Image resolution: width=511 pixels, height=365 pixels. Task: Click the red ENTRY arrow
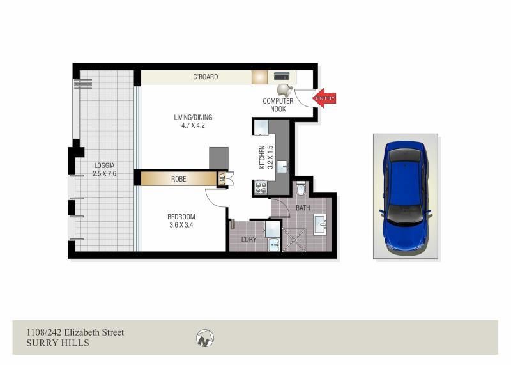click(x=324, y=98)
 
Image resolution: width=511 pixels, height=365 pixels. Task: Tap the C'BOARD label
click(x=205, y=77)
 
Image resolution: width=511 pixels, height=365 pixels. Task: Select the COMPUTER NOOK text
click(x=278, y=105)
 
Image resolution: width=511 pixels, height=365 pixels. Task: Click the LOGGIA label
click(x=104, y=166)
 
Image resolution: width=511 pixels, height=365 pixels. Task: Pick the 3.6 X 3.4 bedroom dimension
click(x=181, y=225)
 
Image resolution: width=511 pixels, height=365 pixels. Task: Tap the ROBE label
click(x=179, y=179)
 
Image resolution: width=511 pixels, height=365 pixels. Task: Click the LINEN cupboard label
click(x=222, y=179)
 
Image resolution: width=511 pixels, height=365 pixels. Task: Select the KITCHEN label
click(x=262, y=157)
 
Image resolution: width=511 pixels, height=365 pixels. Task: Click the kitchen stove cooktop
click(x=261, y=187)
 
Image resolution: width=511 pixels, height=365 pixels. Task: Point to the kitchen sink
click(x=282, y=167)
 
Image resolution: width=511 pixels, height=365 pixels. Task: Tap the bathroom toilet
click(x=301, y=188)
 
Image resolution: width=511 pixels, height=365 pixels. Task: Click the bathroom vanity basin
click(x=320, y=224)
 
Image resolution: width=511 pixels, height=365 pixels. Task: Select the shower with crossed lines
click(x=294, y=240)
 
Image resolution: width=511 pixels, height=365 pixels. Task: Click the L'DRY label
click(x=248, y=240)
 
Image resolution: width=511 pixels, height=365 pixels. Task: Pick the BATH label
click(x=303, y=208)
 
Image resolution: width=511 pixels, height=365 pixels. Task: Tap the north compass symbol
click(x=205, y=338)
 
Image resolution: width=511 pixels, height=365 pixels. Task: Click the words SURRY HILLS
click(x=57, y=343)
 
